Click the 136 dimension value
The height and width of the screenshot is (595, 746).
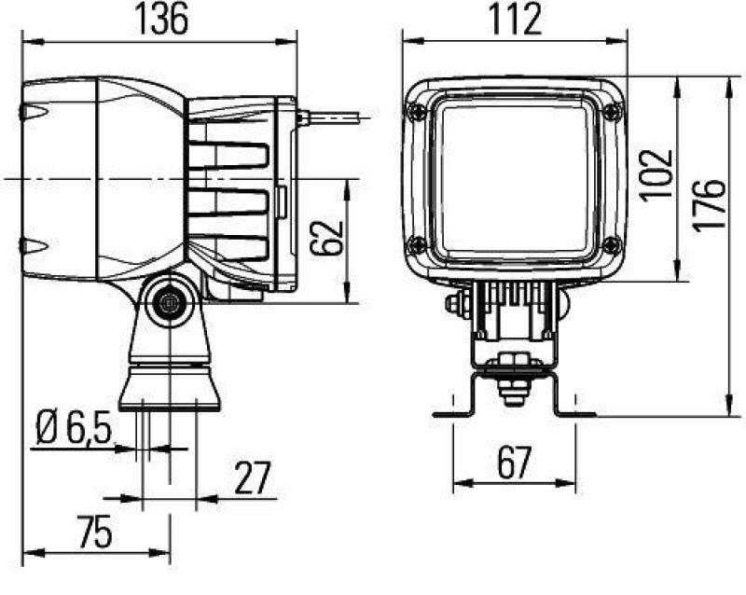pos(161,20)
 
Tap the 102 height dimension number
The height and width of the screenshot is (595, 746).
pos(657,173)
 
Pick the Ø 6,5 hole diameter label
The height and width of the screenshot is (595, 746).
pos(75,429)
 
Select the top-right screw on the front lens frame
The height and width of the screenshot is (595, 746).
pos(612,112)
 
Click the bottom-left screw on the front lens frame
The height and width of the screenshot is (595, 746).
pos(416,245)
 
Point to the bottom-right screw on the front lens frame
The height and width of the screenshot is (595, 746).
pos(612,245)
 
